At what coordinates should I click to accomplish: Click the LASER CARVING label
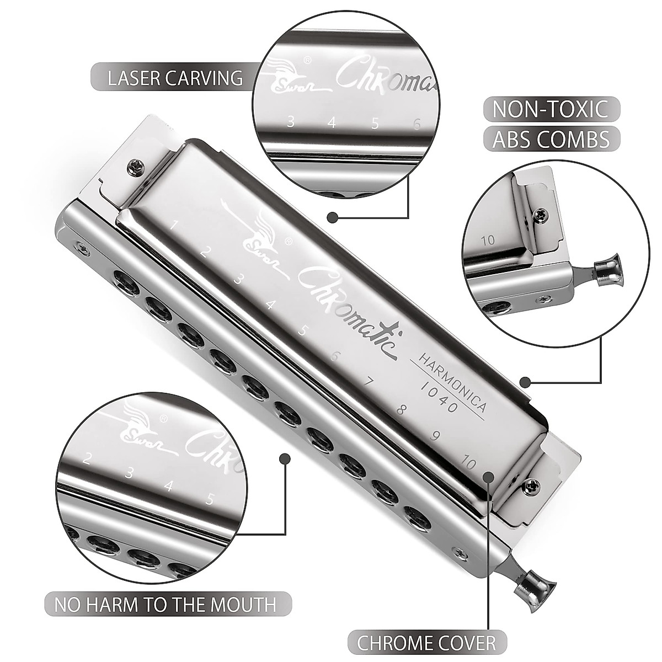tap(175, 78)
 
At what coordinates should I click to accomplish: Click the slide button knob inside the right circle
tap(605, 266)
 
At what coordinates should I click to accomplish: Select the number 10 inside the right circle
tap(487, 240)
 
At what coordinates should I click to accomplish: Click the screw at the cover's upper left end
tap(135, 164)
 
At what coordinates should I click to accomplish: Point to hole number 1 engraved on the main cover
tap(174, 225)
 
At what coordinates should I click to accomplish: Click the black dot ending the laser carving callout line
tap(332, 218)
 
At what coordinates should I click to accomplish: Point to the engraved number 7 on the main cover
tap(370, 382)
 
